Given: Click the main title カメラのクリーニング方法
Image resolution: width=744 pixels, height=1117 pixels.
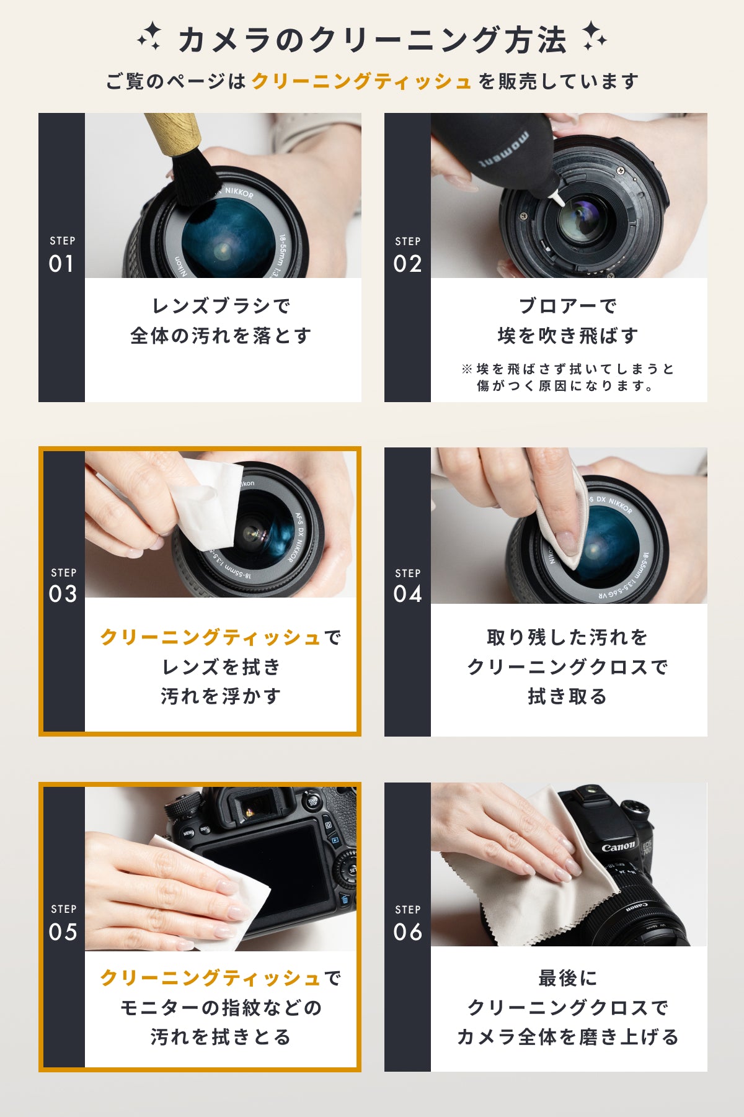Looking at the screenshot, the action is (x=372, y=40).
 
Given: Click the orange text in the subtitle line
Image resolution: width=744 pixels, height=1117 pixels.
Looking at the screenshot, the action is (x=362, y=81).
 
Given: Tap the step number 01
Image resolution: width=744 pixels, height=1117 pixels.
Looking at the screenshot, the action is (x=61, y=264).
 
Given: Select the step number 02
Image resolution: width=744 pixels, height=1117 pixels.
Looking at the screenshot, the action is (x=407, y=264).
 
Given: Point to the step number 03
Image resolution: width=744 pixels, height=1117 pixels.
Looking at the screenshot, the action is (x=63, y=594).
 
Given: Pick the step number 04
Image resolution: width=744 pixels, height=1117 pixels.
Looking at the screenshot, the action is (x=407, y=594).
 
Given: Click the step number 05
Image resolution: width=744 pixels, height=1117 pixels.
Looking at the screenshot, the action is (x=63, y=931).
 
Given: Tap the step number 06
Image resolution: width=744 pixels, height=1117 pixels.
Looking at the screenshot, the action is (x=407, y=931).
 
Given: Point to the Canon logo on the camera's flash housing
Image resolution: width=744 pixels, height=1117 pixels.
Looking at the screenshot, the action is (x=618, y=846).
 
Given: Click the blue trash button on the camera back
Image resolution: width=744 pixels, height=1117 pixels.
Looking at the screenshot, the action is (x=345, y=899).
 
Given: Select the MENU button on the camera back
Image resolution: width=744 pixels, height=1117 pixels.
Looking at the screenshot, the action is (x=188, y=833).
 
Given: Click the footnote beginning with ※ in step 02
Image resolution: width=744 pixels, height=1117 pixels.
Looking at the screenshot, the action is (x=567, y=377).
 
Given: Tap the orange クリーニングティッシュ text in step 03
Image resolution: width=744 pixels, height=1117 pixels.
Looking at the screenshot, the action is (x=211, y=637).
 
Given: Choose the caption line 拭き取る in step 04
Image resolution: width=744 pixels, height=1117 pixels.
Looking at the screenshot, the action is (x=567, y=696).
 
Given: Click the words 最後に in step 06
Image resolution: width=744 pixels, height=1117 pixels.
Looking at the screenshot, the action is (x=567, y=978).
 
